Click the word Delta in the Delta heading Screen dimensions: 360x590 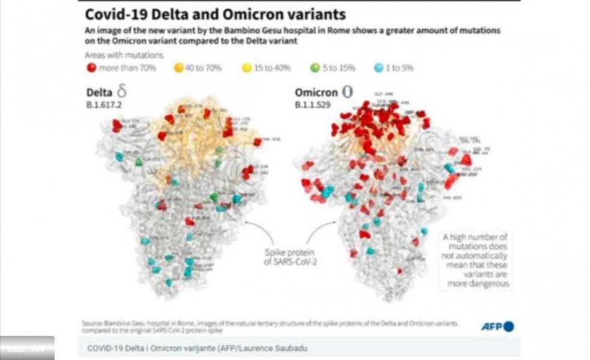coord(98,93)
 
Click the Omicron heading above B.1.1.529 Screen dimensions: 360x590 coord(315,93)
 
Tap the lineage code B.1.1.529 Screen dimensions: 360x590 coord(313,104)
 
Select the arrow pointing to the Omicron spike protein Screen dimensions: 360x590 coord(318,230)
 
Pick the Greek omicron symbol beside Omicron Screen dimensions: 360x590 coord(346,92)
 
